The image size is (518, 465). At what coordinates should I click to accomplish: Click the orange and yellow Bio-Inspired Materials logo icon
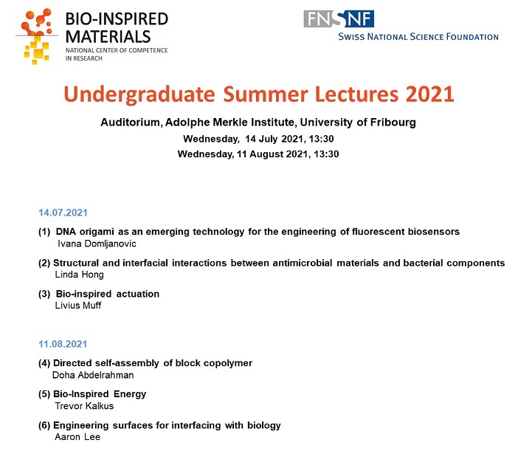tap(37, 36)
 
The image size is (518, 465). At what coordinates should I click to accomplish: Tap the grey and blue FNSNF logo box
tap(339, 18)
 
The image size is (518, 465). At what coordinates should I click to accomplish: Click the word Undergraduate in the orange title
tap(139, 95)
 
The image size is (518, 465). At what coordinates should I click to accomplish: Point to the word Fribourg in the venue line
tap(393, 123)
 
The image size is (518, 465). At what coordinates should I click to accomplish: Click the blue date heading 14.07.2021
tap(63, 213)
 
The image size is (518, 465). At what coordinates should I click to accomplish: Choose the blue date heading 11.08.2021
tap(63, 344)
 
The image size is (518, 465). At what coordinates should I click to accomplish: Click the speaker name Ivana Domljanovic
tap(97, 244)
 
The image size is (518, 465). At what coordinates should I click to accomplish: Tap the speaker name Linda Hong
tap(79, 275)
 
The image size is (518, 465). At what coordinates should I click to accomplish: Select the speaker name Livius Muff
tap(78, 305)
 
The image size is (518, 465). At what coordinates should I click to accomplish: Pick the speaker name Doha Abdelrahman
tap(93, 375)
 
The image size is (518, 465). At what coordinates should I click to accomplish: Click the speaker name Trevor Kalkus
tap(84, 406)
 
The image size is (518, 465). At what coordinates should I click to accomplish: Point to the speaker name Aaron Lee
tap(77, 437)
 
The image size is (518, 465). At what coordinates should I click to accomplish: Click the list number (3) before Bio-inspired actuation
tap(44, 294)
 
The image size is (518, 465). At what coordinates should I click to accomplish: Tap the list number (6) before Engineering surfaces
tap(44, 425)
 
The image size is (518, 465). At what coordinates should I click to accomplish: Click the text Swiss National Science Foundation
tap(418, 37)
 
